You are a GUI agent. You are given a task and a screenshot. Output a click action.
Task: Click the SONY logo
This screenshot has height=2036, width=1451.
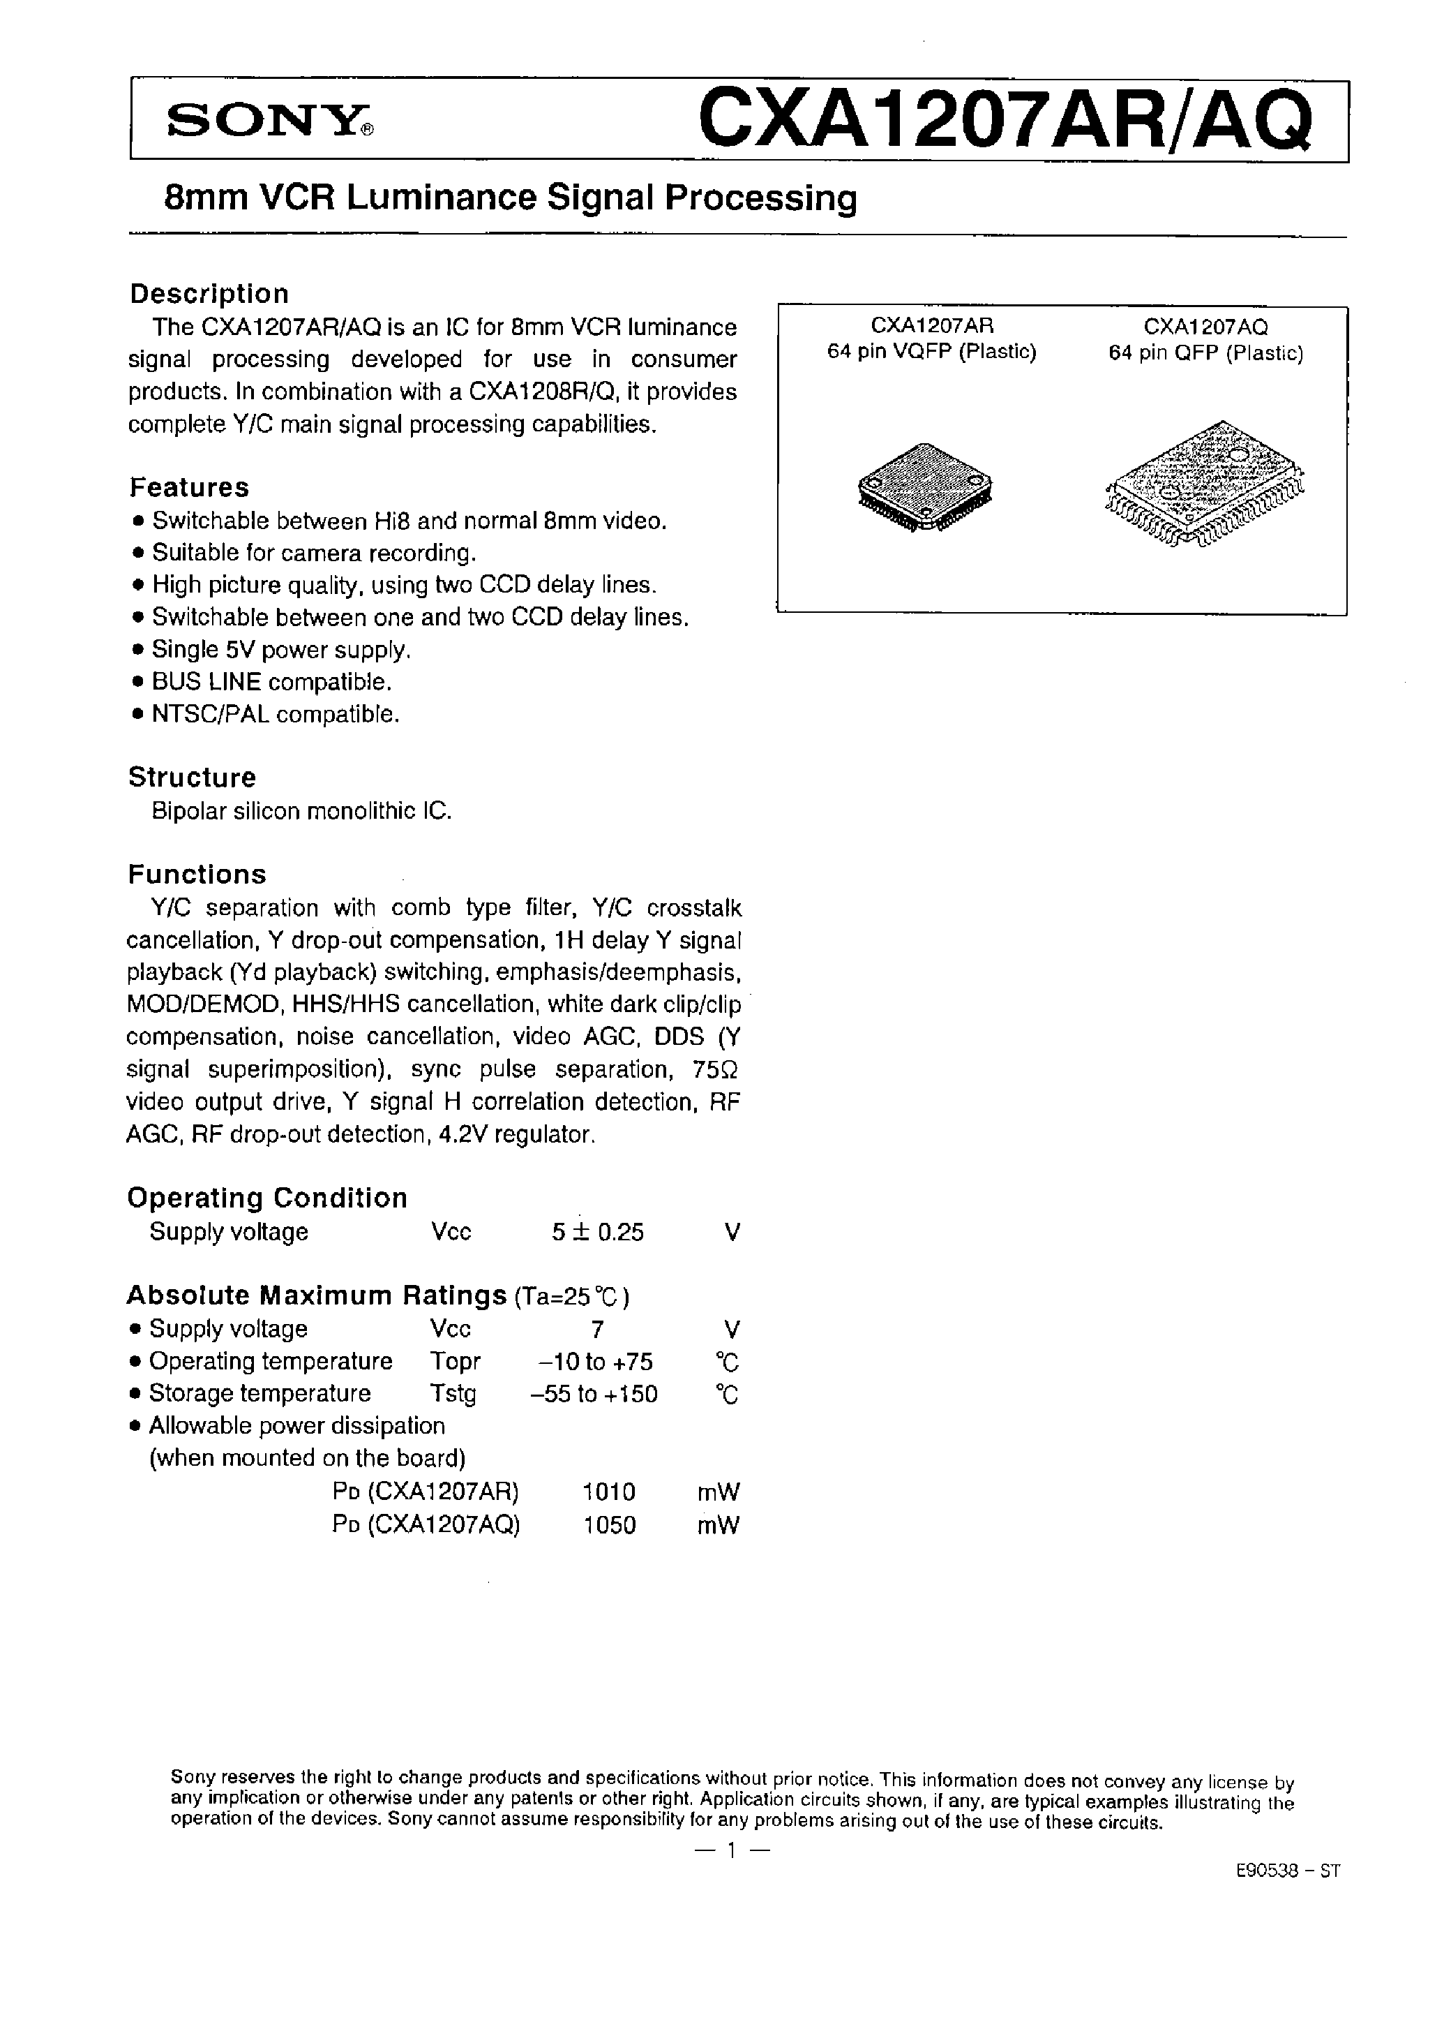coord(270,120)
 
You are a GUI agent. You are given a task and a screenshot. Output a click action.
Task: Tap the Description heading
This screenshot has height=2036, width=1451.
coord(209,294)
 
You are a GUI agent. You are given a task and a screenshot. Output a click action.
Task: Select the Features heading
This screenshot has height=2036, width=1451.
coord(190,487)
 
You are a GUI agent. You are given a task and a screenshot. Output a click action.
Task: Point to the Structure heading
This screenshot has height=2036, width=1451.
coord(192,777)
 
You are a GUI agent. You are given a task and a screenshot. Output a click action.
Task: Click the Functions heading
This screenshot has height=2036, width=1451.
coord(197,873)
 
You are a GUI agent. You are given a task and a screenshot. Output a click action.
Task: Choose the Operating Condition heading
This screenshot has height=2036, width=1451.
coord(267,1197)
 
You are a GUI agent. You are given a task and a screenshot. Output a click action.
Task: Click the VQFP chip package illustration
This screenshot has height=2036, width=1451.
coord(925,488)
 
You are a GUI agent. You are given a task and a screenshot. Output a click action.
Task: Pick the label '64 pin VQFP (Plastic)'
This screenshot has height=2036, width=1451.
coord(932,352)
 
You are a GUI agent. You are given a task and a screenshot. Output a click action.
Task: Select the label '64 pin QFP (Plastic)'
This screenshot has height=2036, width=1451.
coord(1205,353)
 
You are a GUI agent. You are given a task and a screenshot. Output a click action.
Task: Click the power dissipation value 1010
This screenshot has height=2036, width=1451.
coord(608,1492)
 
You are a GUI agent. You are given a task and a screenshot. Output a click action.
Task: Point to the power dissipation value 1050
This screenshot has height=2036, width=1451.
coord(609,1525)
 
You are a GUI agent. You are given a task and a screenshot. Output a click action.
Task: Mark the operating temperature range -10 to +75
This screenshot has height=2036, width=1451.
coord(595,1361)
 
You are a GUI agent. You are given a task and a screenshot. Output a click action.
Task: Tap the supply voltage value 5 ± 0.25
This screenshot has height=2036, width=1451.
coord(598,1232)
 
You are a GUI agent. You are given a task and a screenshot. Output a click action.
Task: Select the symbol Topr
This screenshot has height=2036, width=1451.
coord(455,1361)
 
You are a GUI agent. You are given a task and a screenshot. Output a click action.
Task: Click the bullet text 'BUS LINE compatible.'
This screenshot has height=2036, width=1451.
coord(271,682)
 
